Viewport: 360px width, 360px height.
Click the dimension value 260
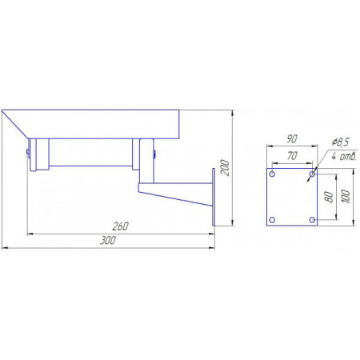pos(120,226)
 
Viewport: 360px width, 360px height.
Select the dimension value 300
pos(108,240)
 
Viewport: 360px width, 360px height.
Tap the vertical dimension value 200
pos(225,168)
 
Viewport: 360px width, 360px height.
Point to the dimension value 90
pos(292,139)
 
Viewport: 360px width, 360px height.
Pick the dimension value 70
pos(292,156)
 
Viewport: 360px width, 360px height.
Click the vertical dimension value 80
pos(330,197)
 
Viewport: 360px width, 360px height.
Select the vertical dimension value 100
pos(346,196)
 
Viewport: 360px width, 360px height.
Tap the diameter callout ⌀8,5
pos(340,142)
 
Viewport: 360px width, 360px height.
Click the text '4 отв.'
pos(343,156)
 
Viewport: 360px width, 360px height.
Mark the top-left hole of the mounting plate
pos(272,174)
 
